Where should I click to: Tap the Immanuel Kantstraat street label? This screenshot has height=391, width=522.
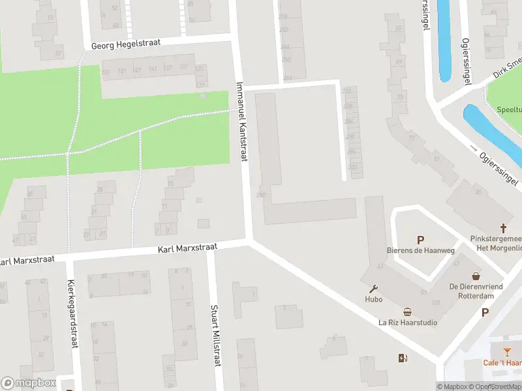(x=242, y=121)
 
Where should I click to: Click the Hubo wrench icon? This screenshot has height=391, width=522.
(x=374, y=289)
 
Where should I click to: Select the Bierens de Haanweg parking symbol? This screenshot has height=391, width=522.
(x=420, y=239)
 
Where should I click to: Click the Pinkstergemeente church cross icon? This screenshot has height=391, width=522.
(x=503, y=228)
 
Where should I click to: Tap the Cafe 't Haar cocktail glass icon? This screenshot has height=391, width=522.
(x=507, y=352)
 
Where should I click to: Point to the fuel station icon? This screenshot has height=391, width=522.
(x=403, y=357)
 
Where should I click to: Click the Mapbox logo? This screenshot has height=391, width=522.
(x=28, y=383)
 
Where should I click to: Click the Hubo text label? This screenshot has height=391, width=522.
(x=374, y=299)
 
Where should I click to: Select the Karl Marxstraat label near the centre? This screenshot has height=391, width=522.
(x=187, y=249)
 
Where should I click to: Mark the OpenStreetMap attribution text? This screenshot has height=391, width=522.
(x=498, y=386)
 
